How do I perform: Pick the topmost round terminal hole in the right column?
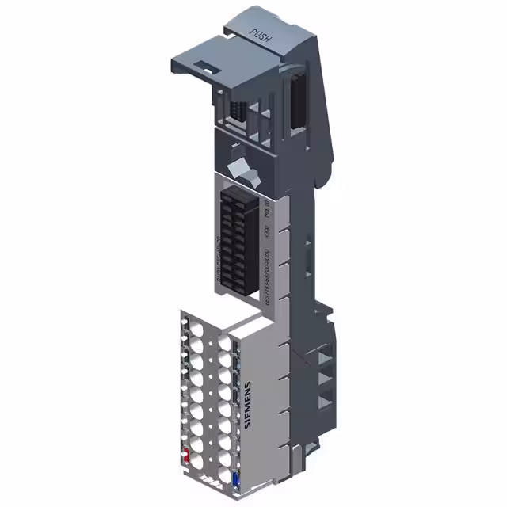227,342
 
